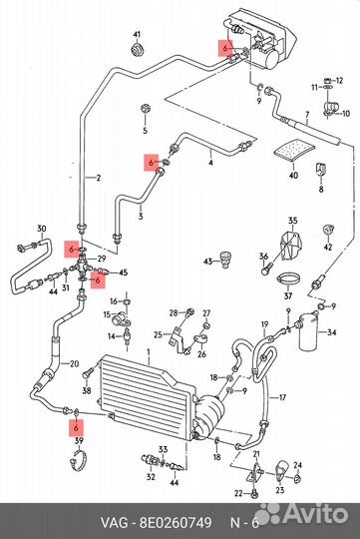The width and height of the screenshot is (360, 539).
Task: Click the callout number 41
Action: [x=137, y=35]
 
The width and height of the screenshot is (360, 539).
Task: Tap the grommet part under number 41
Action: [x=138, y=50]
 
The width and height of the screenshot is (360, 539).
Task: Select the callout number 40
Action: [x=293, y=176]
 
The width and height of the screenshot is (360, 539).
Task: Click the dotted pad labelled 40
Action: [x=294, y=150]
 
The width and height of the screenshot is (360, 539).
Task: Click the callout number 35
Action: [x=292, y=221]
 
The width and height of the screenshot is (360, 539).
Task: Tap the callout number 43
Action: [x=208, y=262]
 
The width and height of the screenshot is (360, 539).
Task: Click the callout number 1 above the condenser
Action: [x=149, y=352]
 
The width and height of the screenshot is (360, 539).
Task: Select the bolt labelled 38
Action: [x=88, y=373]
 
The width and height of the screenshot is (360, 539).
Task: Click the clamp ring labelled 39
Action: [x=79, y=459]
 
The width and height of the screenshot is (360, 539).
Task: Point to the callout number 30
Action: [x=42, y=229]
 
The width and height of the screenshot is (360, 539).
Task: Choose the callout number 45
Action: [x=123, y=272]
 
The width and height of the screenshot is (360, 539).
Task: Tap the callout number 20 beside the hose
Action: [x=74, y=363]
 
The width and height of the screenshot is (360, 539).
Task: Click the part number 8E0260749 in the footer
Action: [x=176, y=522]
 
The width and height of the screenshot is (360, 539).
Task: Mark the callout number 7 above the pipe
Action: [x=307, y=115]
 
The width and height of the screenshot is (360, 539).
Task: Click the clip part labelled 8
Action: [x=321, y=170]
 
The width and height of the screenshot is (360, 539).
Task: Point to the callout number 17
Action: [x=282, y=397]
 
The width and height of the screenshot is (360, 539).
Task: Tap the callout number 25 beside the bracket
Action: [x=158, y=334]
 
